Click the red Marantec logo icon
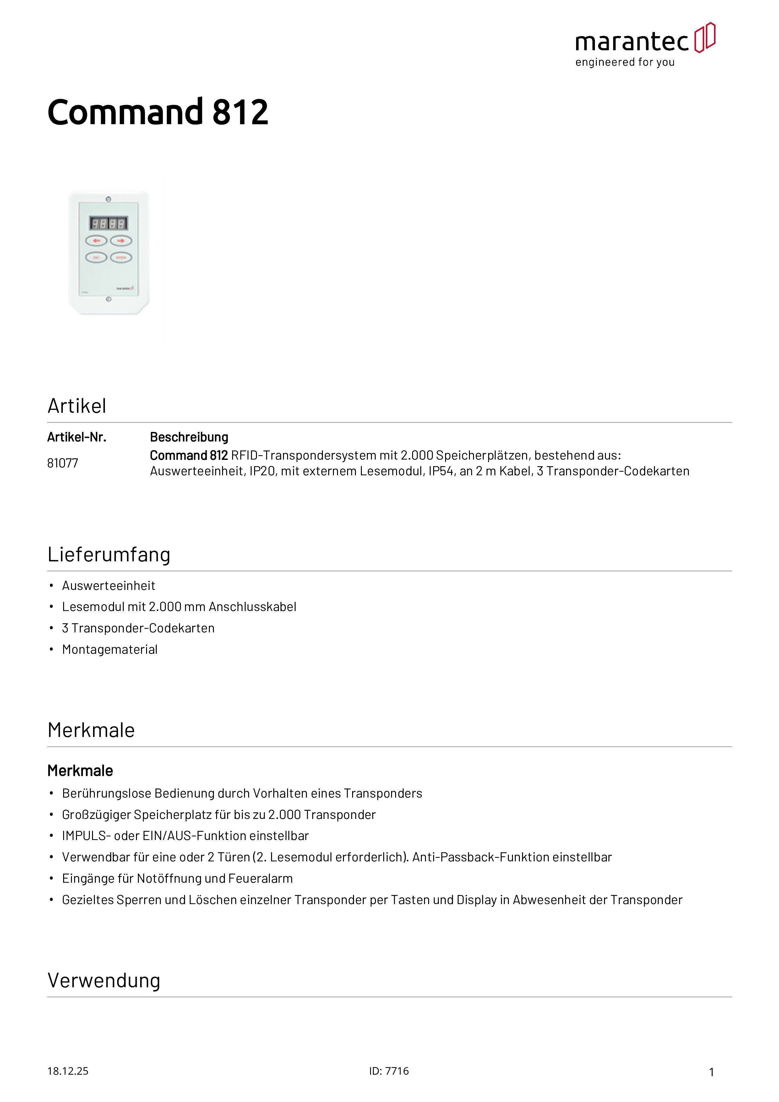click(x=705, y=37)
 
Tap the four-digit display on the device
click(x=108, y=223)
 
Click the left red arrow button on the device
click(x=96, y=240)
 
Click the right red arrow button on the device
click(x=121, y=240)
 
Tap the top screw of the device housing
click(x=108, y=199)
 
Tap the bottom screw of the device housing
click(x=108, y=299)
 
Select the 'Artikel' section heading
click(x=77, y=406)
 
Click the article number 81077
click(x=63, y=463)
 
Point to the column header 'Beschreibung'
click(x=189, y=437)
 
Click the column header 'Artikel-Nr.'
click(x=77, y=437)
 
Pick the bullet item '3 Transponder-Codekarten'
click(x=138, y=628)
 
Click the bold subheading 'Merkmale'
click(x=80, y=771)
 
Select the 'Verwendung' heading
click(x=104, y=980)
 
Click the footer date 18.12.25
click(x=68, y=1071)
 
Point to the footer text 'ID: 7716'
click(x=389, y=1071)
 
